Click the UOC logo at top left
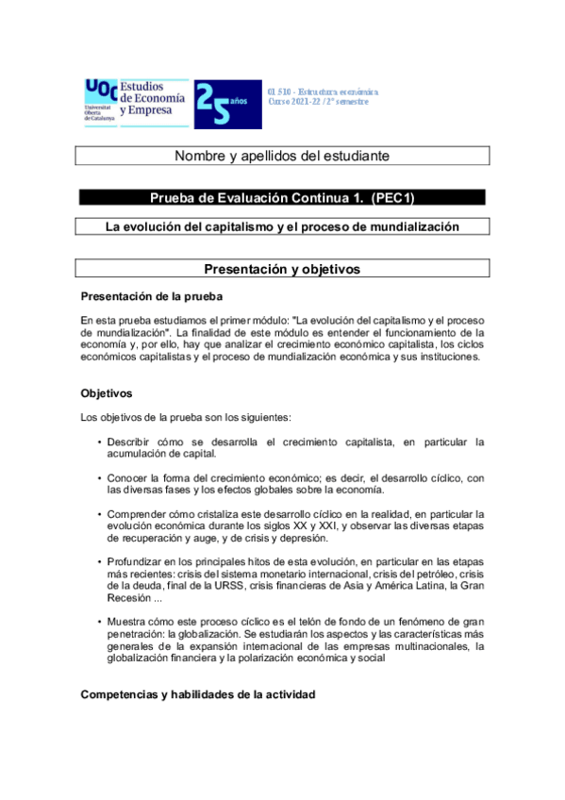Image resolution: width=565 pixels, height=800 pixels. pos(100,101)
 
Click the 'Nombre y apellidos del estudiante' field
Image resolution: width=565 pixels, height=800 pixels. pos(283,156)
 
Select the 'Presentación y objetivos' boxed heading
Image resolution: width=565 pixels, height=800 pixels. pos(283,269)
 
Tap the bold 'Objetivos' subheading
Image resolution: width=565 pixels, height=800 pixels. pos(107,392)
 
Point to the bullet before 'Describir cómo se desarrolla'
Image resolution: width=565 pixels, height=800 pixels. pos(99,442)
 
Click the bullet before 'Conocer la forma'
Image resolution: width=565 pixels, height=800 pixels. pos(99,478)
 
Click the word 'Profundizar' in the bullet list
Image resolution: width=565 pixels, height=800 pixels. pos(137,562)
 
